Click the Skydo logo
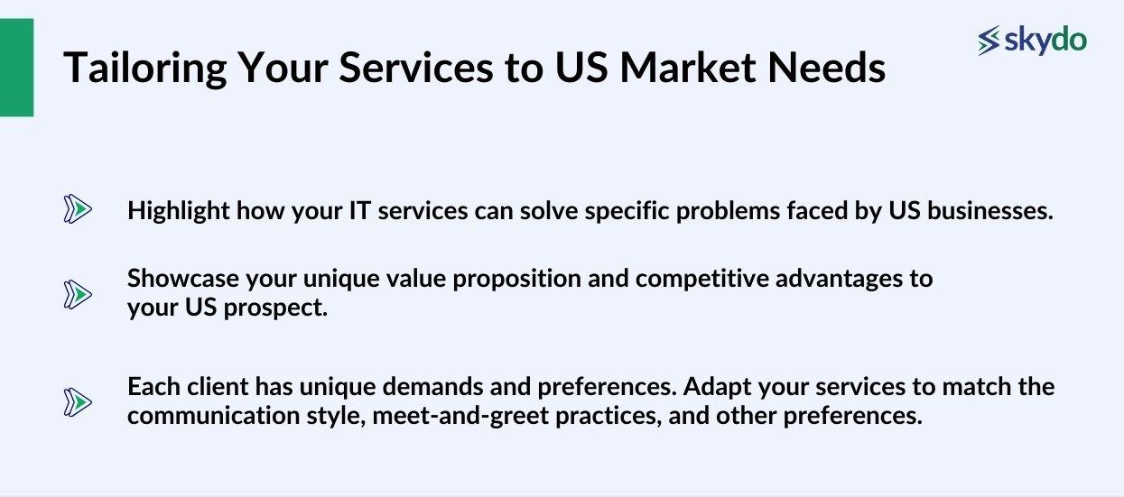point(1032,41)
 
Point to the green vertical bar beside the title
point(16,68)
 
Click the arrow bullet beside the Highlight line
point(78,211)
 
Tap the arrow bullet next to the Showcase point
point(78,294)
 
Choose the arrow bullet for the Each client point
point(78,402)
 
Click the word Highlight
point(178,211)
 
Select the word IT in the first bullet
point(358,211)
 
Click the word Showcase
point(180,279)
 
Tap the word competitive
point(696,279)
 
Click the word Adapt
point(711,387)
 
